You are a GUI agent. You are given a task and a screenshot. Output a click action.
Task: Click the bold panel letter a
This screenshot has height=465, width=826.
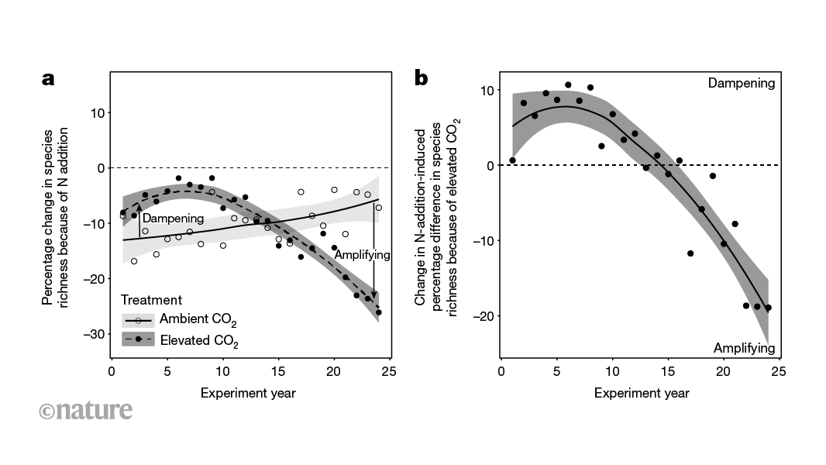click(x=49, y=79)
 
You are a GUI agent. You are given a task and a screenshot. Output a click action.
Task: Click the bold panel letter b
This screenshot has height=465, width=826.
click(x=422, y=78)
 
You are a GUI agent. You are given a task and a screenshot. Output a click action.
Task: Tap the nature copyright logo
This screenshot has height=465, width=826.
click(x=85, y=410)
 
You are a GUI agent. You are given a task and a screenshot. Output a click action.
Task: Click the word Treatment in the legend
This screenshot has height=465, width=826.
click(x=151, y=300)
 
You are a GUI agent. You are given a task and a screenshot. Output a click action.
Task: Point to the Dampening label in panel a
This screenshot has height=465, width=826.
click(x=173, y=219)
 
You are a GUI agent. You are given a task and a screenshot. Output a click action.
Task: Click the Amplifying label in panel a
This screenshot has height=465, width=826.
click(x=362, y=254)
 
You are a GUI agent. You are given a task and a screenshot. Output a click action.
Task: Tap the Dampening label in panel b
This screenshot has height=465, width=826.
click(x=741, y=83)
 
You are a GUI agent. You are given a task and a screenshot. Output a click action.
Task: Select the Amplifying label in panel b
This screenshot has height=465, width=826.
click(x=744, y=347)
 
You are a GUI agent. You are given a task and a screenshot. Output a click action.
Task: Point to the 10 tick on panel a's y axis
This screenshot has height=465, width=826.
click(x=97, y=113)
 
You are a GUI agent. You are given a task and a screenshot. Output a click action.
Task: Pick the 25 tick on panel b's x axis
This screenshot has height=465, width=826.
click(x=778, y=372)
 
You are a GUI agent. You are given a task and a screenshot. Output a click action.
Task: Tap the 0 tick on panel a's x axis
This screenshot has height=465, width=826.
click(x=112, y=372)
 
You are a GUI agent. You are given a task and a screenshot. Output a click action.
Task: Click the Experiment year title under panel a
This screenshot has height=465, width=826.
click(x=248, y=393)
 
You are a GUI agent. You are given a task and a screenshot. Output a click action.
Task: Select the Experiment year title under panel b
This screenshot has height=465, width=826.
click(x=642, y=393)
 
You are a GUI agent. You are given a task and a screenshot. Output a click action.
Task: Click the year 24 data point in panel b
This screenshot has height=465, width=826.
click(x=768, y=308)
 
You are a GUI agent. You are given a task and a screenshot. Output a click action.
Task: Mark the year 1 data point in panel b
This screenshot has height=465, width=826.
click(x=512, y=160)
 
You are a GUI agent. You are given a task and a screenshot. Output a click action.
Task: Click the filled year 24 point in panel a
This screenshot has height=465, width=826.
click(x=378, y=312)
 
